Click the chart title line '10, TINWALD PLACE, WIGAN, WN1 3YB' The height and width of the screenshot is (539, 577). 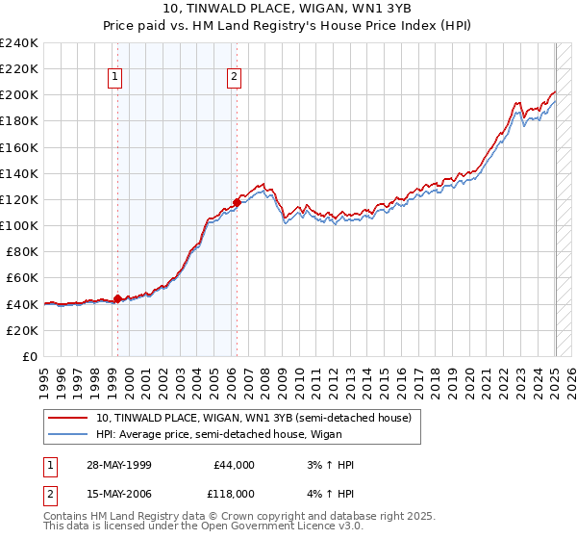pos(289,10)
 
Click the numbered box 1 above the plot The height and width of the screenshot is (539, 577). pos(115,80)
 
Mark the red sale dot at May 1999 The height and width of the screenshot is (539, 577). pos(117,299)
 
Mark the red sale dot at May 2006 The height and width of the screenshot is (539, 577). pos(237,202)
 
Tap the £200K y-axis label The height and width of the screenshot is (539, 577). pos(19,94)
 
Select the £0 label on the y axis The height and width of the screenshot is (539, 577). pos(31,356)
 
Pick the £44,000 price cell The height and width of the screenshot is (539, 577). pos(234,465)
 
